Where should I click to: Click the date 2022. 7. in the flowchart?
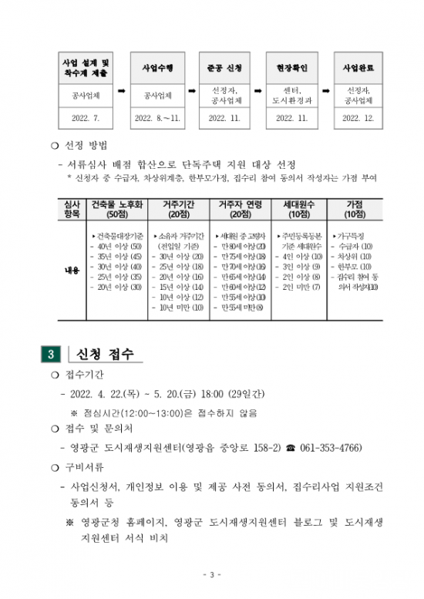click(86, 119)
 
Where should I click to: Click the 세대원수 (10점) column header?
click(299, 209)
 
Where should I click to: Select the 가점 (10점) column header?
click(355, 209)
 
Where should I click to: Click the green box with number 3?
click(50, 355)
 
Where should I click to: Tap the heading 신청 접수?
click(105, 355)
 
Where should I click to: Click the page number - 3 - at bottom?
click(211, 575)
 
